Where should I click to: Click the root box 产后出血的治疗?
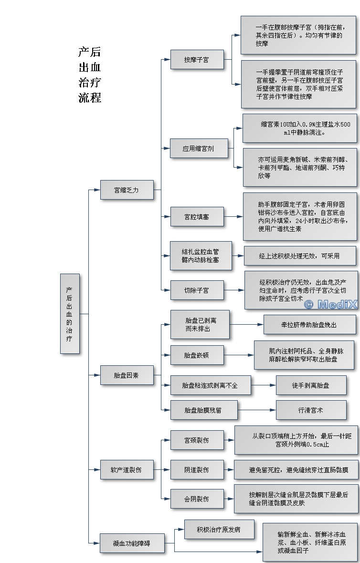(70, 313)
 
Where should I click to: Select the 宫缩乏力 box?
(127, 190)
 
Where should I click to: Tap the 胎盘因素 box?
(127, 375)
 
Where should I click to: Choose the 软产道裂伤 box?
(127, 469)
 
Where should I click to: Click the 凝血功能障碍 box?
(131, 543)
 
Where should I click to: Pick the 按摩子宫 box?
(196, 60)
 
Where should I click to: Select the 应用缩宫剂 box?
(198, 149)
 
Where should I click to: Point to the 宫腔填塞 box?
(196, 216)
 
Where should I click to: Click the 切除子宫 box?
(196, 290)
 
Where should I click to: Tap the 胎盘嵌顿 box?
(196, 355)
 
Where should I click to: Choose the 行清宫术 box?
(311, 410)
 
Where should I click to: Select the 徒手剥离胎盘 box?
(311, 385)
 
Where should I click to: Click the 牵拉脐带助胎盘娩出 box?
(309, 325)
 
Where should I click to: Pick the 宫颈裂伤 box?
(196, 440)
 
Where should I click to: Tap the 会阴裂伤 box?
(196, 499)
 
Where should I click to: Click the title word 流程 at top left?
(90, 98)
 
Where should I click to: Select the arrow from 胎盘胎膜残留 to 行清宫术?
(256, 410)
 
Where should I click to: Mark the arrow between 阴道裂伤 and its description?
(228, 469)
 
